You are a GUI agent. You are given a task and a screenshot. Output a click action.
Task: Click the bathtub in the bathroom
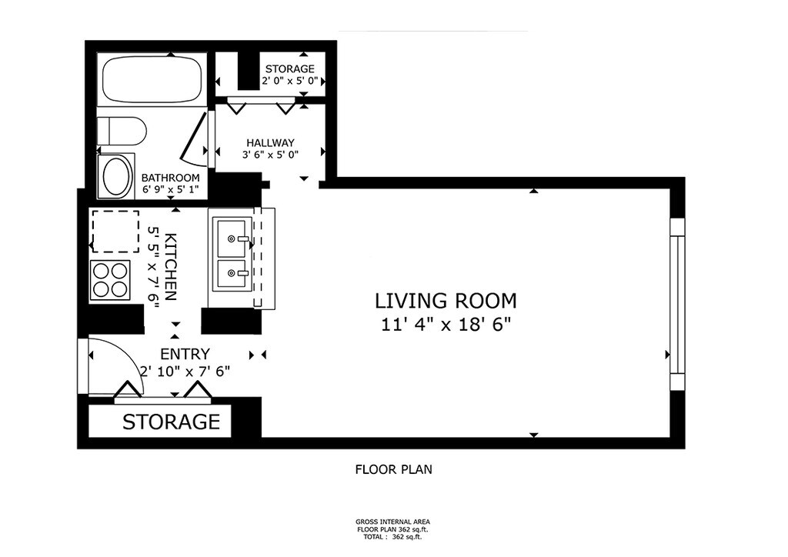coord(152,78)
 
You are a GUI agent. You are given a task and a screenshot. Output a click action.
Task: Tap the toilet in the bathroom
coord(121,131)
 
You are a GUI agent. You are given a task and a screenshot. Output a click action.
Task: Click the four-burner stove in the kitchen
coord(110,280)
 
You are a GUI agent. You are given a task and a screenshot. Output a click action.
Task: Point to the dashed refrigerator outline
coord(115,232)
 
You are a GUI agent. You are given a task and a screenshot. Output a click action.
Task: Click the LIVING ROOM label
coord(446,301)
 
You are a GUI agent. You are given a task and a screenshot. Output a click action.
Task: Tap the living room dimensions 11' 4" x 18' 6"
coord(446,325)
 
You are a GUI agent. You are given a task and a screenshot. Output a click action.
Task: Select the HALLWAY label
coord(270,142)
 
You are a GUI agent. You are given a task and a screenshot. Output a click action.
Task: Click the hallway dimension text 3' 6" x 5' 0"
coord(270,155)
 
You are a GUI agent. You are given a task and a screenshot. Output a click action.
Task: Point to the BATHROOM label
coord(170,178)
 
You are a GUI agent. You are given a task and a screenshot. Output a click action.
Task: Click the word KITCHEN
coord(172,267)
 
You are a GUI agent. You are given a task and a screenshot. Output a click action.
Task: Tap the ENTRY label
coord(185,354)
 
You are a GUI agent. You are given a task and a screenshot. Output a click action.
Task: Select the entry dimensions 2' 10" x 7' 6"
coord(185,372)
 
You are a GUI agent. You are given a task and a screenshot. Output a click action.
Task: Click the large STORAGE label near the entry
coord(172,422)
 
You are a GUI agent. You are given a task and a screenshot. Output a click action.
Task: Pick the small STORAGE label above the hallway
coord(290,68)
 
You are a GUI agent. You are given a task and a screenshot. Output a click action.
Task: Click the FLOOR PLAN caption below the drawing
coord(393,469)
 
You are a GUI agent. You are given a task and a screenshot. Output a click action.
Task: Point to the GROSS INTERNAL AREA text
coord(392,522)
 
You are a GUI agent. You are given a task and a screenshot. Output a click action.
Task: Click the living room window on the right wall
coord(677,305)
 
